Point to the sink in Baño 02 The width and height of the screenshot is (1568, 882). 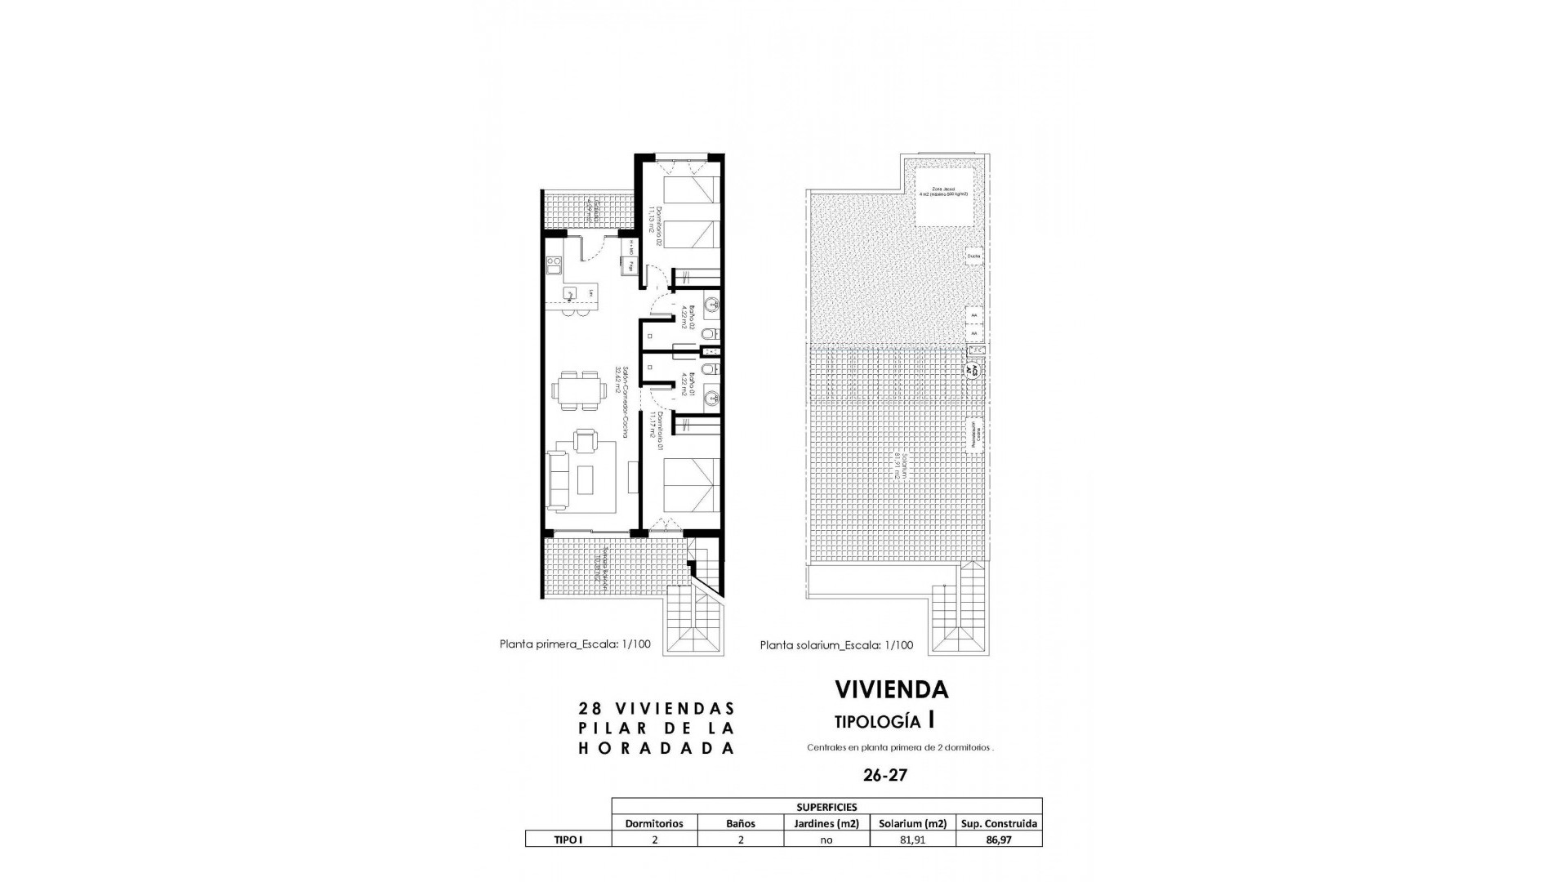711,305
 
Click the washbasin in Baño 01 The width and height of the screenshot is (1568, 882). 711,399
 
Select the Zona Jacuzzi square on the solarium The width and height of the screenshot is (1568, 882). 944,197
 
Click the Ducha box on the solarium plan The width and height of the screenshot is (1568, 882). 973,256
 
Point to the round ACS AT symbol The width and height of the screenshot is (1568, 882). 972,368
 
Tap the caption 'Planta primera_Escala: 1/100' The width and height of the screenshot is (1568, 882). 575,644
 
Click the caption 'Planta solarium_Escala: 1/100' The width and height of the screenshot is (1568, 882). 836,645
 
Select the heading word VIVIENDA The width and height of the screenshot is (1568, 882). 891,689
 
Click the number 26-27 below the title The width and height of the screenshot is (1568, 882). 884,775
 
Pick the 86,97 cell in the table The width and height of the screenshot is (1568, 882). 999,840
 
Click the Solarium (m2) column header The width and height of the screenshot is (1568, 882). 912,823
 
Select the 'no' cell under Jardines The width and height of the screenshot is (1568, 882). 826,840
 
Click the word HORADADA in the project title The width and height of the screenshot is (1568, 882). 657,748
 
